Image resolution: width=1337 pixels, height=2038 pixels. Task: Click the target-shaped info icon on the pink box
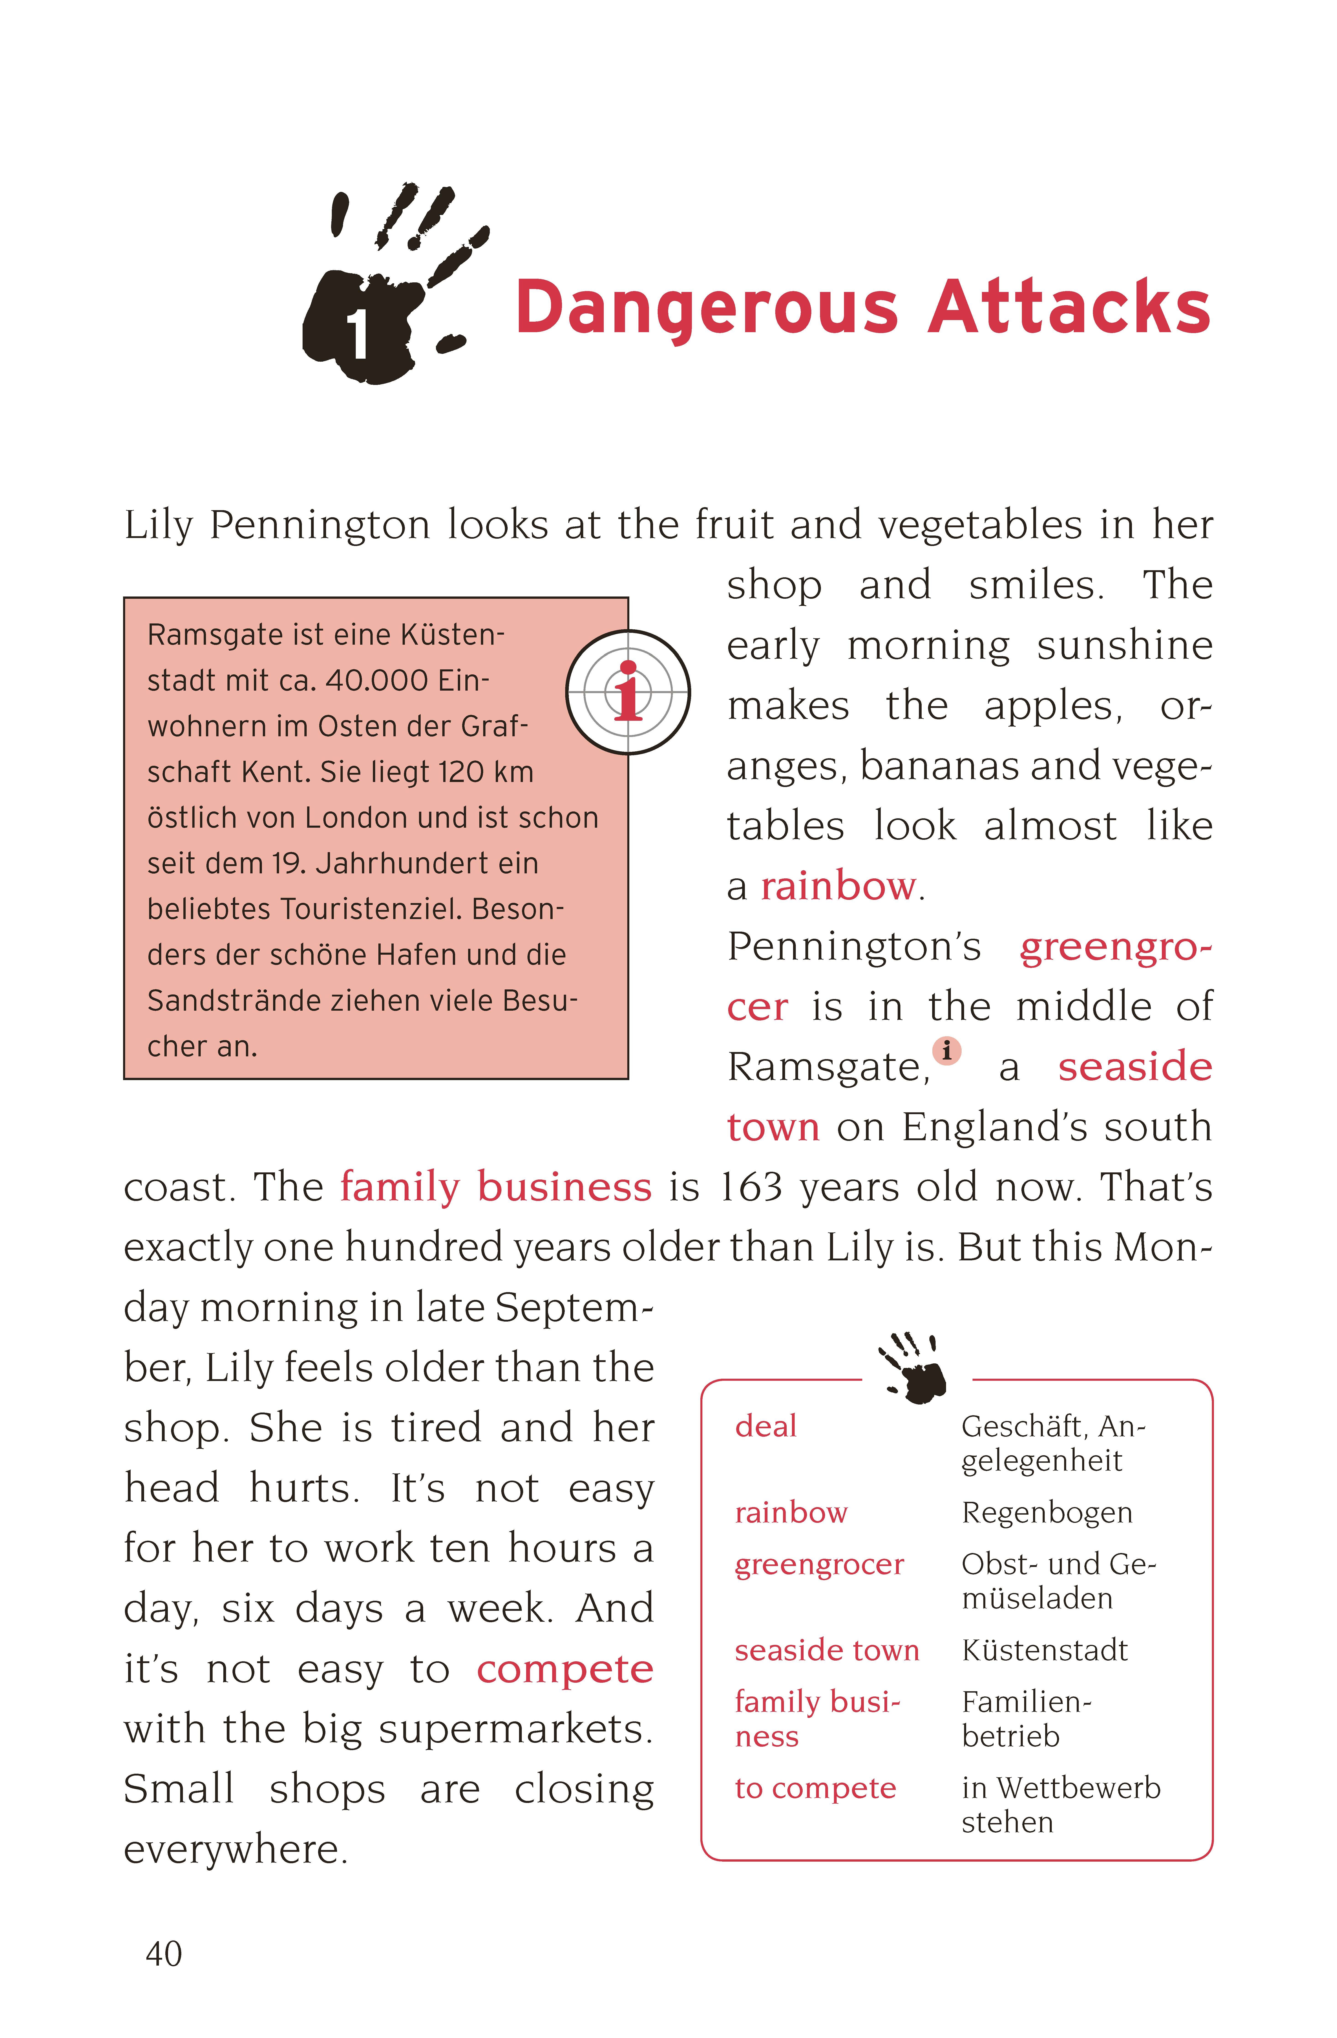coord(628,692)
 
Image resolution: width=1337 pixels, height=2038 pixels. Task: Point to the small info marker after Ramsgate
coord(947,1050)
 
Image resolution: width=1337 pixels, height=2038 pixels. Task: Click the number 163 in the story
coord(751,1187)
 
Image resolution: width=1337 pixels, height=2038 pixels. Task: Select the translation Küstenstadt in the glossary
coord(1044,1650)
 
